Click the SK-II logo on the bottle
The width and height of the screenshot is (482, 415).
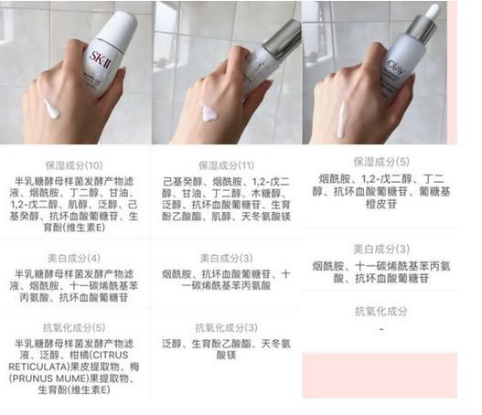[107, 45]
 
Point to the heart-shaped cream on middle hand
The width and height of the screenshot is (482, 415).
[209, 114]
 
